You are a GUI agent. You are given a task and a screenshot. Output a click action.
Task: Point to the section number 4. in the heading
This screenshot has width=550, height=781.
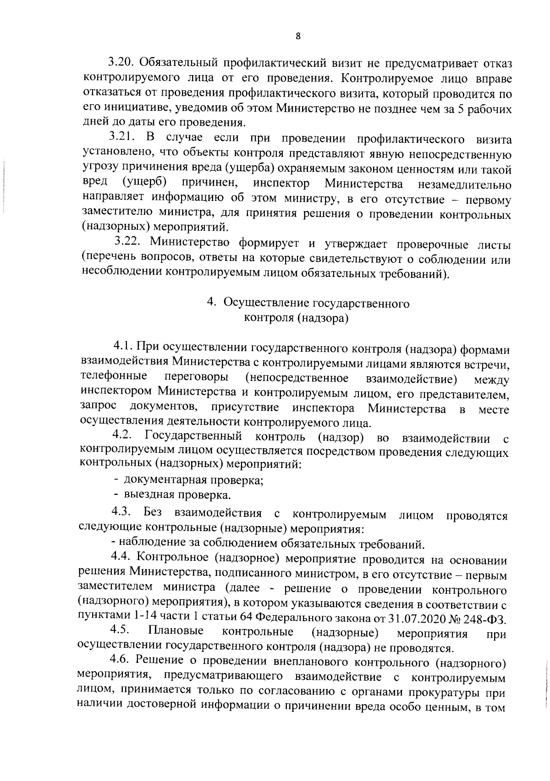click(211, 303)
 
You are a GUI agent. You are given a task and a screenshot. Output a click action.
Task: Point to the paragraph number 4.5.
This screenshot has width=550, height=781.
click(121, 632)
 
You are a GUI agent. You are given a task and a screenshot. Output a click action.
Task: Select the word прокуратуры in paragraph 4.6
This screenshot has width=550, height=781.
click(446, 692)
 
